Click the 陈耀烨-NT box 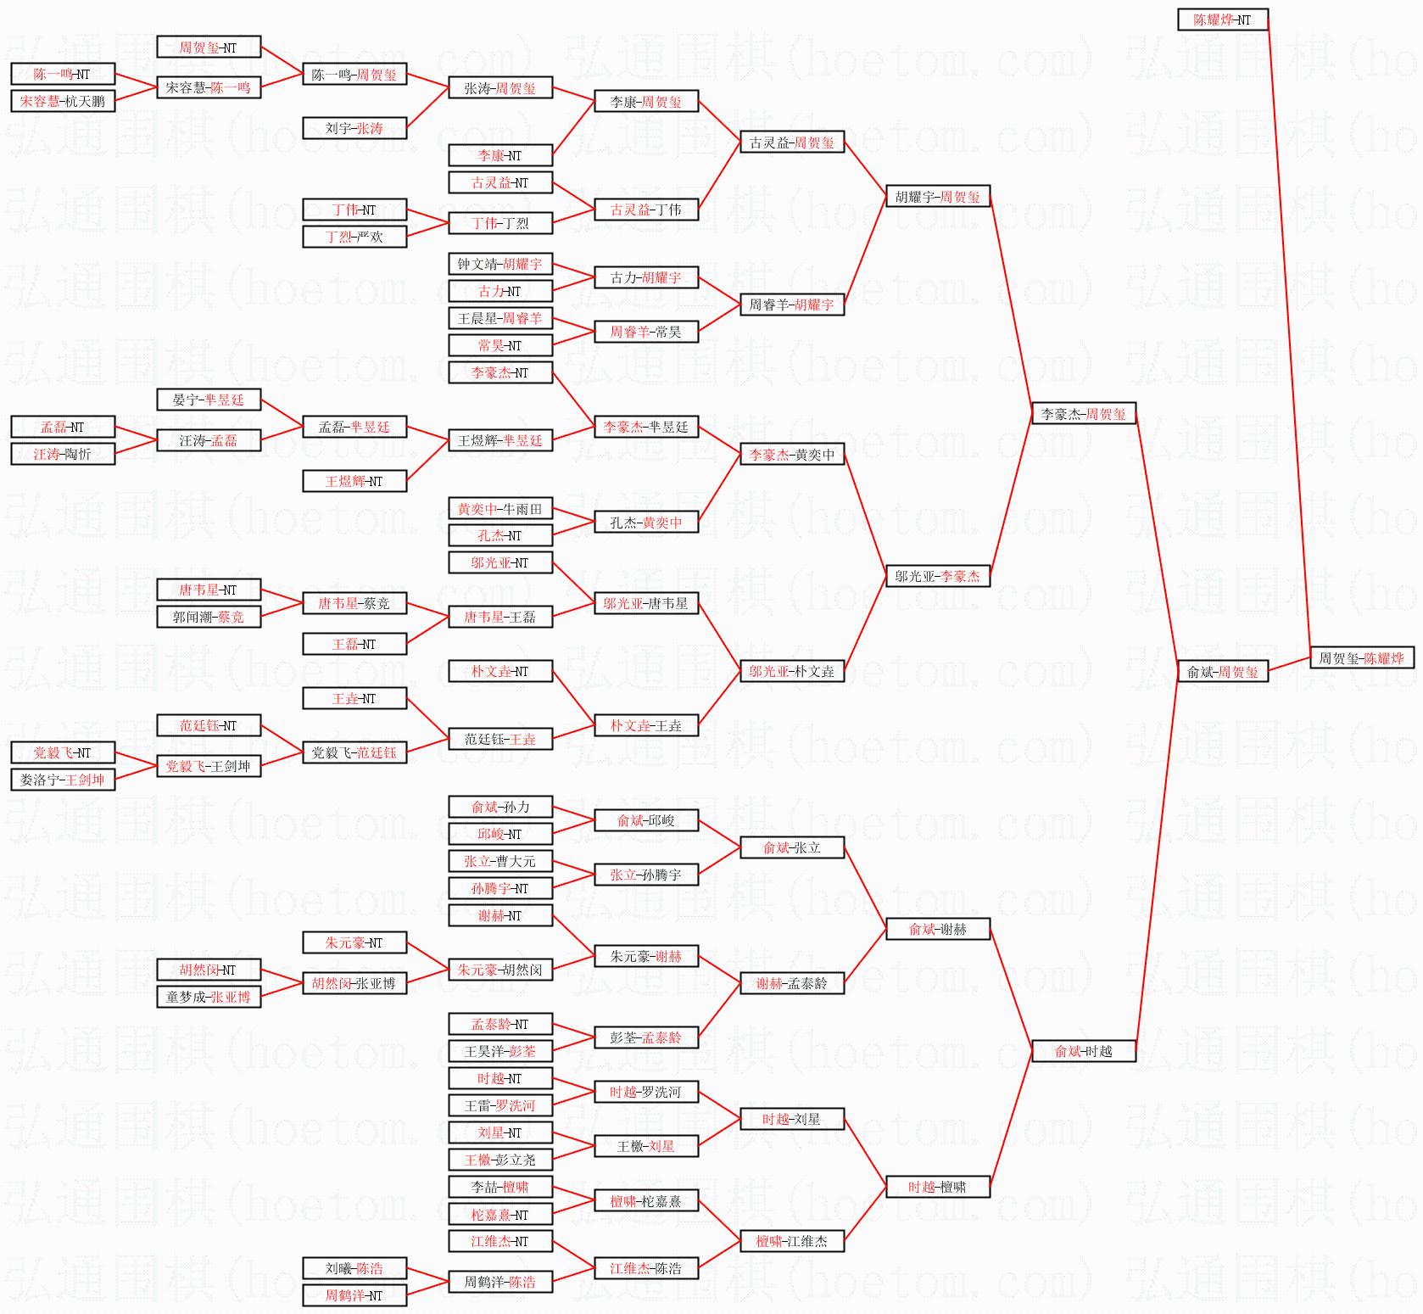pyautogui.click(x=1222, y=20)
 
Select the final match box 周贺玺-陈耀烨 pyautogui.click(x=1361, y=658)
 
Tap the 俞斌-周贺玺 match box pyautogui.click(x=1222, y=672)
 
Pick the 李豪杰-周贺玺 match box pyautogui.click(x=1083, y=414)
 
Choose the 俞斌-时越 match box pyautogui.click(x=1083, y=1051)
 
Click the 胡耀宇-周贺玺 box pyautogui.click(x=937, y=197)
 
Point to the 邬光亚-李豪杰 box pyautogui.click(x=937, y=577)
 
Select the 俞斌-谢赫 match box pyautogui.click(x=937, y=929)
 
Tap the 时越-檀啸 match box pyautogui.click(x=937, y=1187)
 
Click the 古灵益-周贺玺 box pyautogui.click(x=791, y=143)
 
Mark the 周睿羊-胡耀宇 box pyautogui.click(x=791, y=305)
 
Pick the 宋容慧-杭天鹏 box pyautogui.click(x=62, y=102)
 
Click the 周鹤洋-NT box pyautogui.click(x=354, y=1295)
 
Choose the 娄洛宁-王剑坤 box pyautogui.click(x=62, y=780)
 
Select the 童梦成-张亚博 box pyautogui.click(x=208, y=997)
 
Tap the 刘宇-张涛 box pyautogui.click(x=354, y=129)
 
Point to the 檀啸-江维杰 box pyautogui.click(x=791, y=1241)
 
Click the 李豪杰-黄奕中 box pyautogui.click(x=791, y=455)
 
